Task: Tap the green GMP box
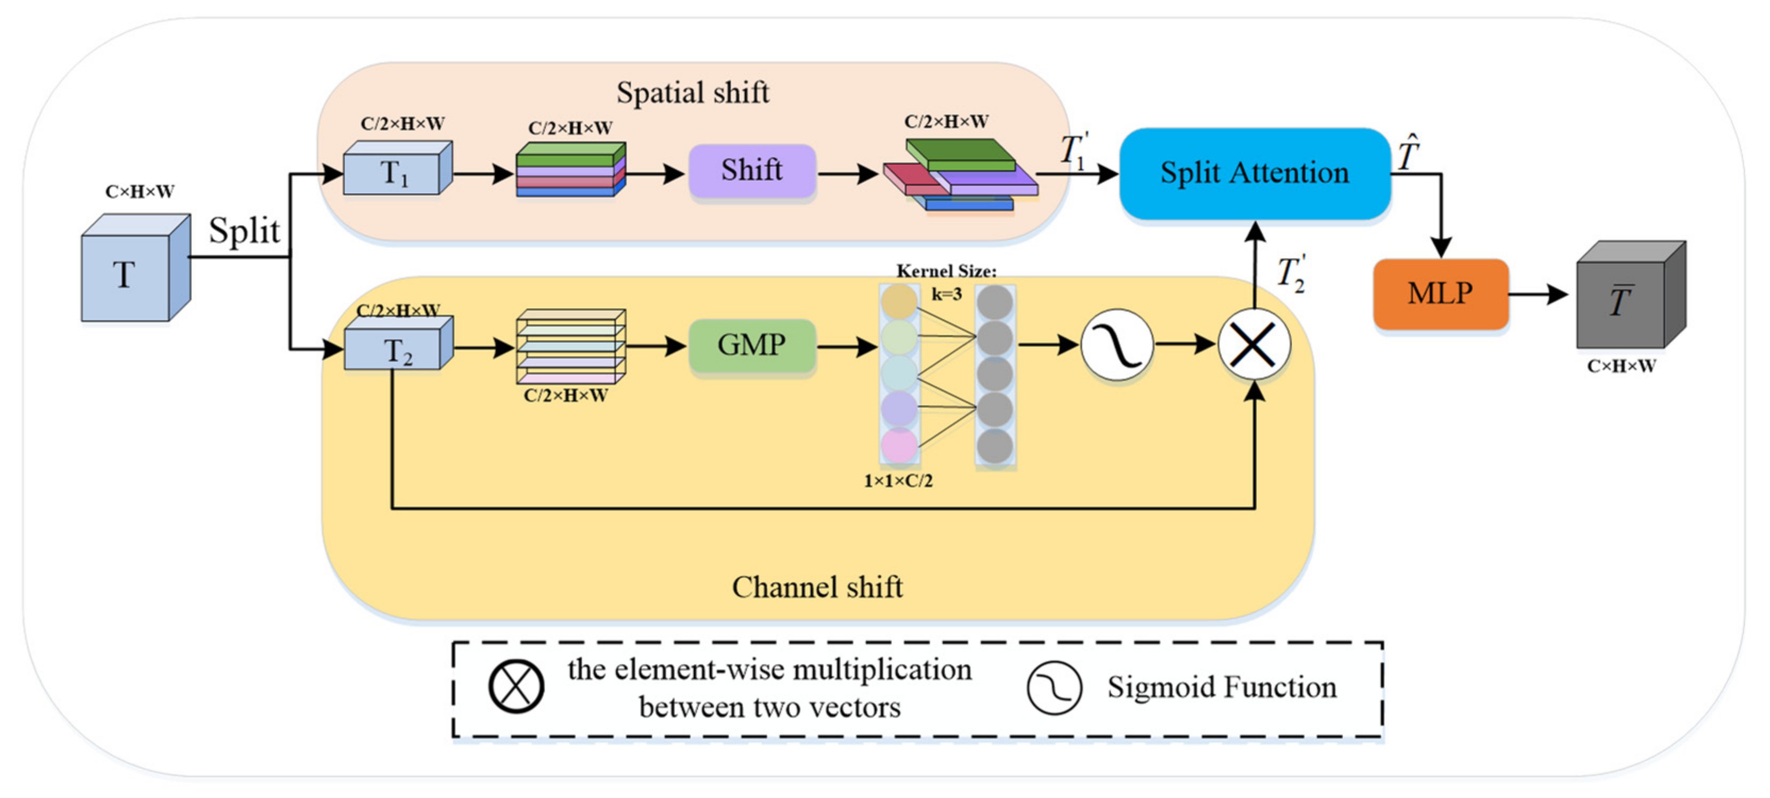coord(752,345)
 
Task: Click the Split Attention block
coord(1254,173)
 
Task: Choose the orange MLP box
coord(1440,294)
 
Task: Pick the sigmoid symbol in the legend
coord(1054,687)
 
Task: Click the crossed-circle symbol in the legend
coord(517,686)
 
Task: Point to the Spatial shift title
coord(693,93)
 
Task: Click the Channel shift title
coord(817,587)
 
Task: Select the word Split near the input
coord(244,230)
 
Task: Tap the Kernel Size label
coord(946,271)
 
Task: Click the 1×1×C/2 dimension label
coord(898,481)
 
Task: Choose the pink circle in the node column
coord(899,444)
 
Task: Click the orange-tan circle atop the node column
coord(899,301)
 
